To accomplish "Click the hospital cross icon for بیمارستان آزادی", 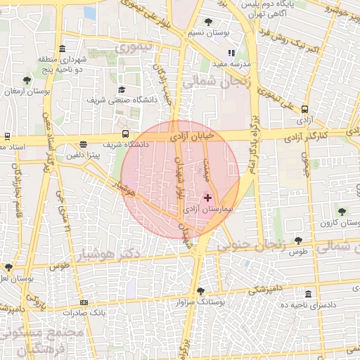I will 207,198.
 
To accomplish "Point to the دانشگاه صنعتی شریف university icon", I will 122,89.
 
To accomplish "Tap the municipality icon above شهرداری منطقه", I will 63,49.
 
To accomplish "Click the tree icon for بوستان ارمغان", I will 27,80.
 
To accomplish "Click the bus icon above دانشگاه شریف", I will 125,134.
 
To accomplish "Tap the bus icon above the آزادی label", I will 304,109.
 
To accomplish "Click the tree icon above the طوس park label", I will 298,240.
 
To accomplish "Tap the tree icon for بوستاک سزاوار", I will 200,291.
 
